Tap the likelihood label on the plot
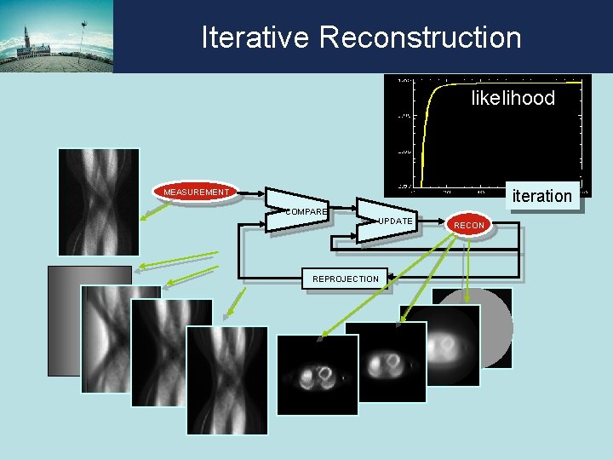point(513,98)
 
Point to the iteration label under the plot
point(541,196)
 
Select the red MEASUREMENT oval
point(197,193)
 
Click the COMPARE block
point(300,210)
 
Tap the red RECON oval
point(469,225)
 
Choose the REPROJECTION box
point(346,279)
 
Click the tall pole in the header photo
point(83,34)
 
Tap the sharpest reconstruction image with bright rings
point(317,374)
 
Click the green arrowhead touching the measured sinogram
point(146,220)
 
